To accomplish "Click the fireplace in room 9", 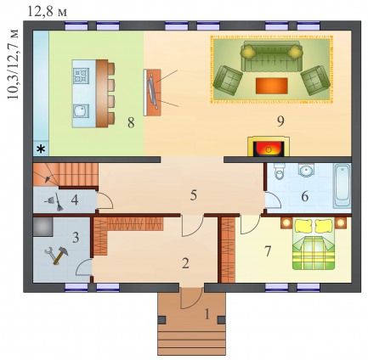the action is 269,146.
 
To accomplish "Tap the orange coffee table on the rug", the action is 272,86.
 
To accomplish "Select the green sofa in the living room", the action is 270,56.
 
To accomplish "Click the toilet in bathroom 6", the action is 279,172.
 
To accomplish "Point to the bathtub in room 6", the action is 343,186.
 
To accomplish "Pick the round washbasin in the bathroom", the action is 305,170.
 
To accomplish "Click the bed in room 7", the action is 313,244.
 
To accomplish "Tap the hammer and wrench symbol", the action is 57,256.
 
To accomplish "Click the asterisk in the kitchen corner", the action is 42,149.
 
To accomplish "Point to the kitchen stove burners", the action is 81,76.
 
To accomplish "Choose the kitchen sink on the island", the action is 82,110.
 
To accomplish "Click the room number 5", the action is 194,195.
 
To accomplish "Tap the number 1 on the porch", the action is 207,314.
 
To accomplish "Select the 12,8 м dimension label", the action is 48,12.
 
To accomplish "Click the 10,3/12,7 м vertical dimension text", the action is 13,64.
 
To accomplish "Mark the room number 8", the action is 131,123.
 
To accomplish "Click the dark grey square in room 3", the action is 43,227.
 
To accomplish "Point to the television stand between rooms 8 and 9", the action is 152,93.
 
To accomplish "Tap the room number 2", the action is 185,264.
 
